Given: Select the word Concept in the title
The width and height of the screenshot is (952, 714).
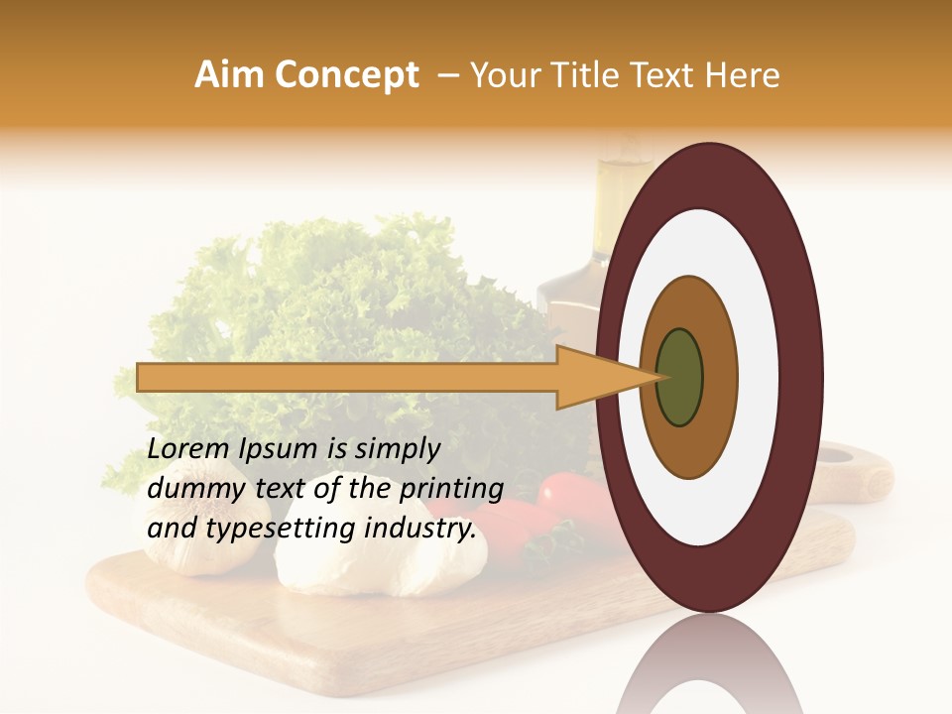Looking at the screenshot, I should [346, 75].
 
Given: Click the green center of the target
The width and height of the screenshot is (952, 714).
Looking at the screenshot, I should [679, 377].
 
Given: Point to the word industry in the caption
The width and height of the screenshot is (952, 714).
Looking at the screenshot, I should [417, 530].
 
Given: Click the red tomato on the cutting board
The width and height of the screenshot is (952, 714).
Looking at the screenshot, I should [565, 492].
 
